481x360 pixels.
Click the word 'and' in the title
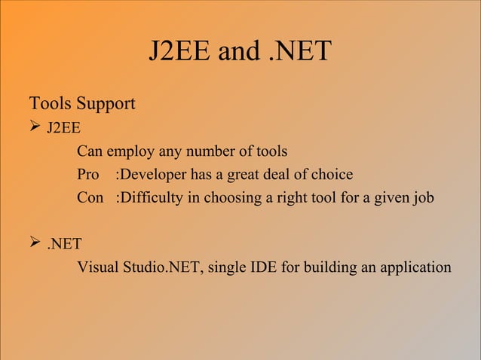tap(238, 51)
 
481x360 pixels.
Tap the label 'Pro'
tap(88, 175)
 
